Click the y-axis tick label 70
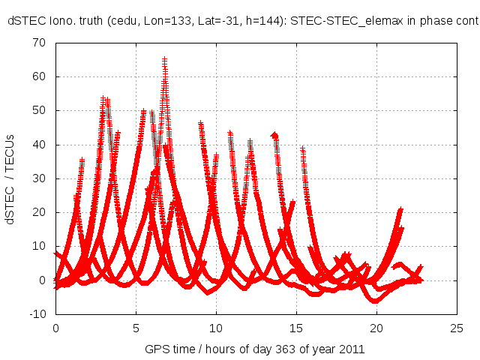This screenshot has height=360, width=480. (x=39, y=43)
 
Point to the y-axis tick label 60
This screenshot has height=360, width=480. (x=39, y=76)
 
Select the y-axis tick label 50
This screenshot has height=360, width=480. (x=39, y=110)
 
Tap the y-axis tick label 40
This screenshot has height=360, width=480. (x=39, y=145)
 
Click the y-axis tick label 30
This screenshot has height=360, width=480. (x=39, y=178)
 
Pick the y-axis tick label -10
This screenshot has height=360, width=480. (x=37, y=314)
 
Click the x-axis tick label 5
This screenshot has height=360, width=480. (x=136, y=328)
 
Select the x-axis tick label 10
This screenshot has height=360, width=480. (x=216, y=328)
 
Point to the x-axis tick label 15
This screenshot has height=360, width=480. (x=296, y=328)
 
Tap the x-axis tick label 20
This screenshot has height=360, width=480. (x=376, y=328)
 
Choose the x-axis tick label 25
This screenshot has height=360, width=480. (x=457, y=328)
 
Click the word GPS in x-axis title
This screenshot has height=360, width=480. (x=156, y=349)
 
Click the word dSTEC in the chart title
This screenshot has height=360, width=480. (x=24, y=22)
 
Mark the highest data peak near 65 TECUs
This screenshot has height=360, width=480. (x=164, y=59)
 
